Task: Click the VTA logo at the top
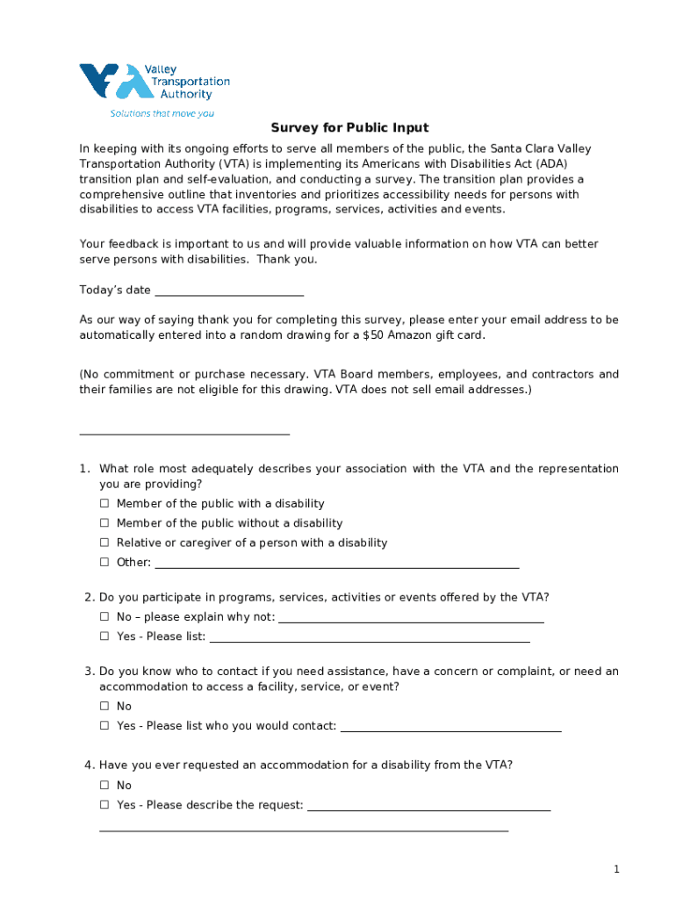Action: coord(154,83)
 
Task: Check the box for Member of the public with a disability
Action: coord(104,504)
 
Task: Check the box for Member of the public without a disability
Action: coord(104,523)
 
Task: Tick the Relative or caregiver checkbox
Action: coord(104,543)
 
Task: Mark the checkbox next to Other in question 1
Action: coord(104,563)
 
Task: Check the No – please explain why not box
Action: coord(104,617)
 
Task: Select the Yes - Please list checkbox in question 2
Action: coord(104,636)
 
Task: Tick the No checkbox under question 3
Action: coord(104,707)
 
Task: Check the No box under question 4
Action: coord(104,786)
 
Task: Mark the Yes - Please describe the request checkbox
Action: coord(104,805)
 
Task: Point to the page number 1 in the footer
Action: coord(616,869)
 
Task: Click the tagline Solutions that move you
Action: coord(162,113)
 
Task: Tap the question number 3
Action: coord(90,672)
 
